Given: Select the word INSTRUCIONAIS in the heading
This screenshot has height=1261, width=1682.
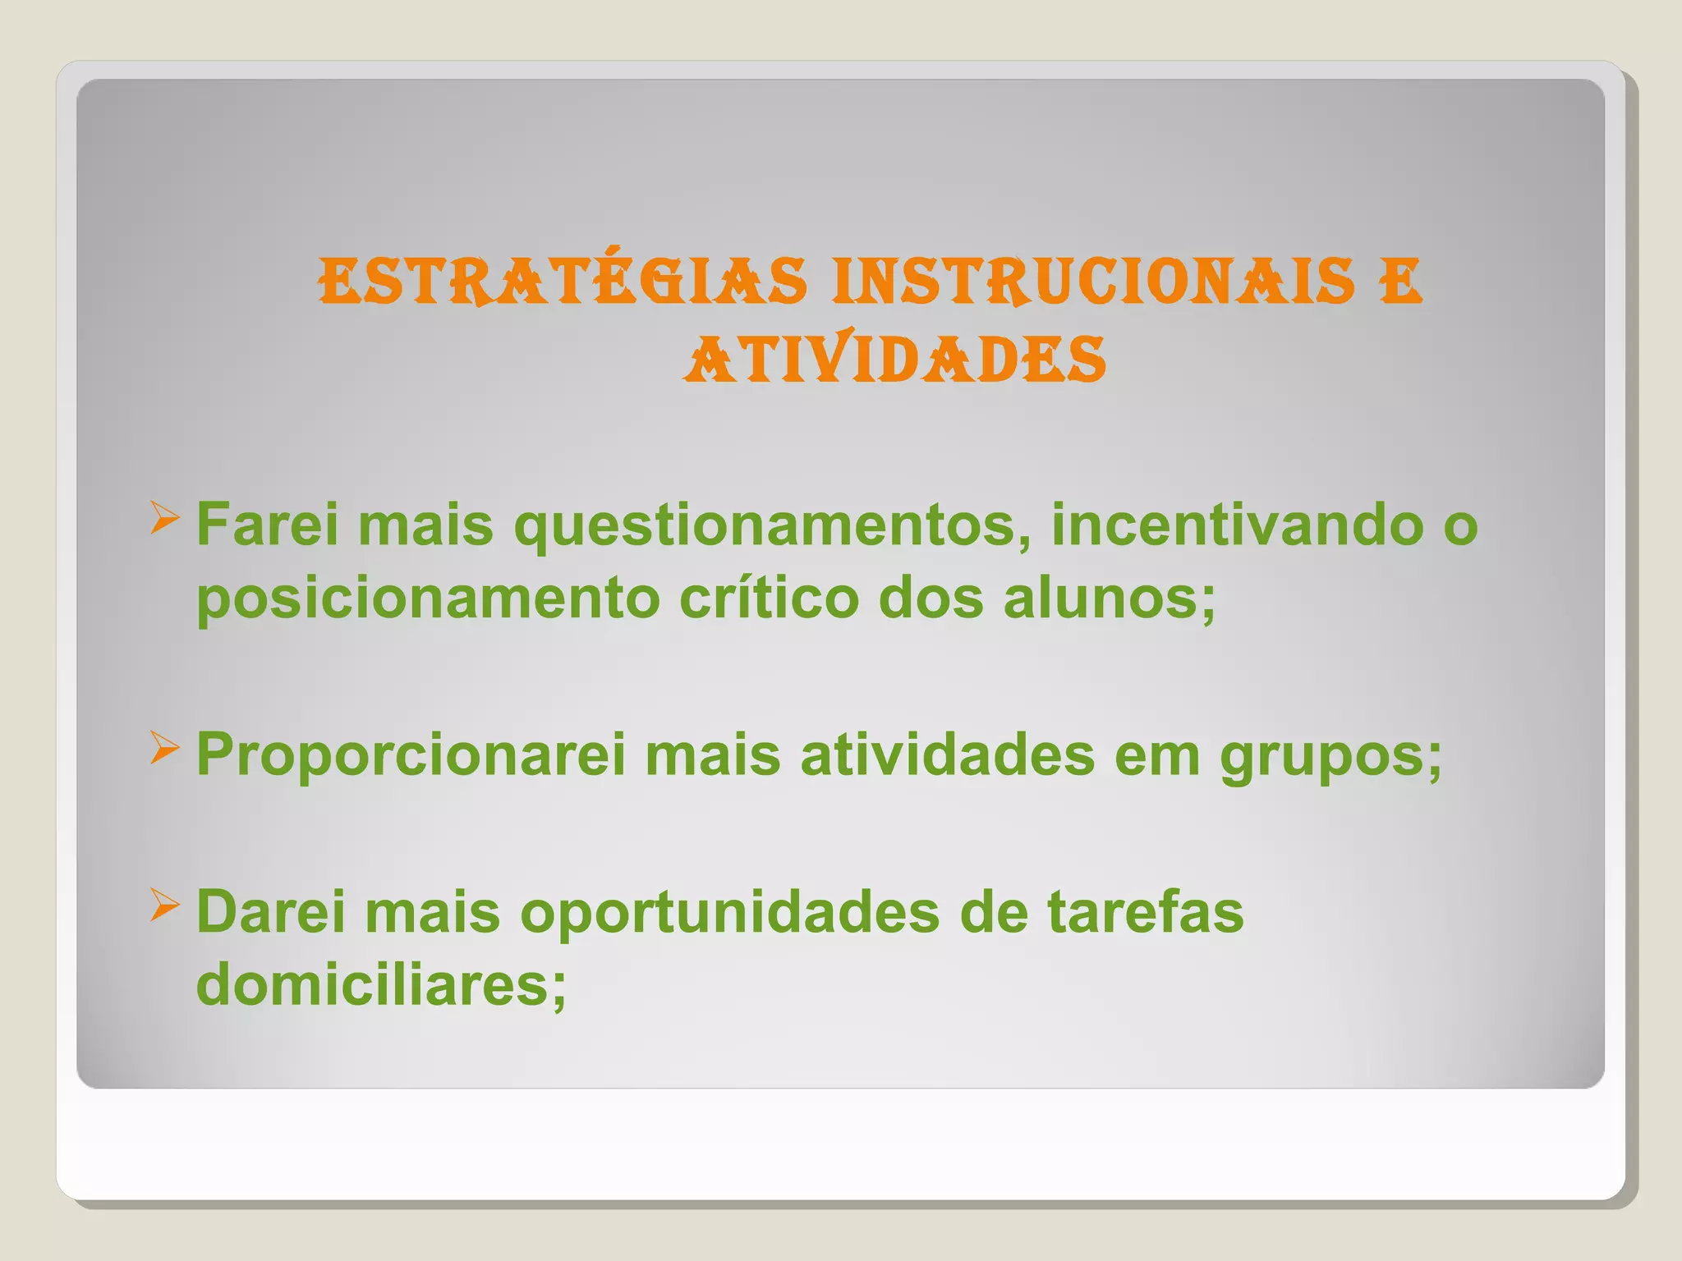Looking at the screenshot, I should (x=1091, y=281).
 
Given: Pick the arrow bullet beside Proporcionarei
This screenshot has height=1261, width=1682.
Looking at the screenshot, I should (x=164, y=750).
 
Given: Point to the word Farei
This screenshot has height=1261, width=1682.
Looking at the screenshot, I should (x=267, y=525).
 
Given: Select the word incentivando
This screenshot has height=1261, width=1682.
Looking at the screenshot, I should (x=1237, y=525).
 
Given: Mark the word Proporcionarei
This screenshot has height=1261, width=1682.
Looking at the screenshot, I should (x=411, y=755).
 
